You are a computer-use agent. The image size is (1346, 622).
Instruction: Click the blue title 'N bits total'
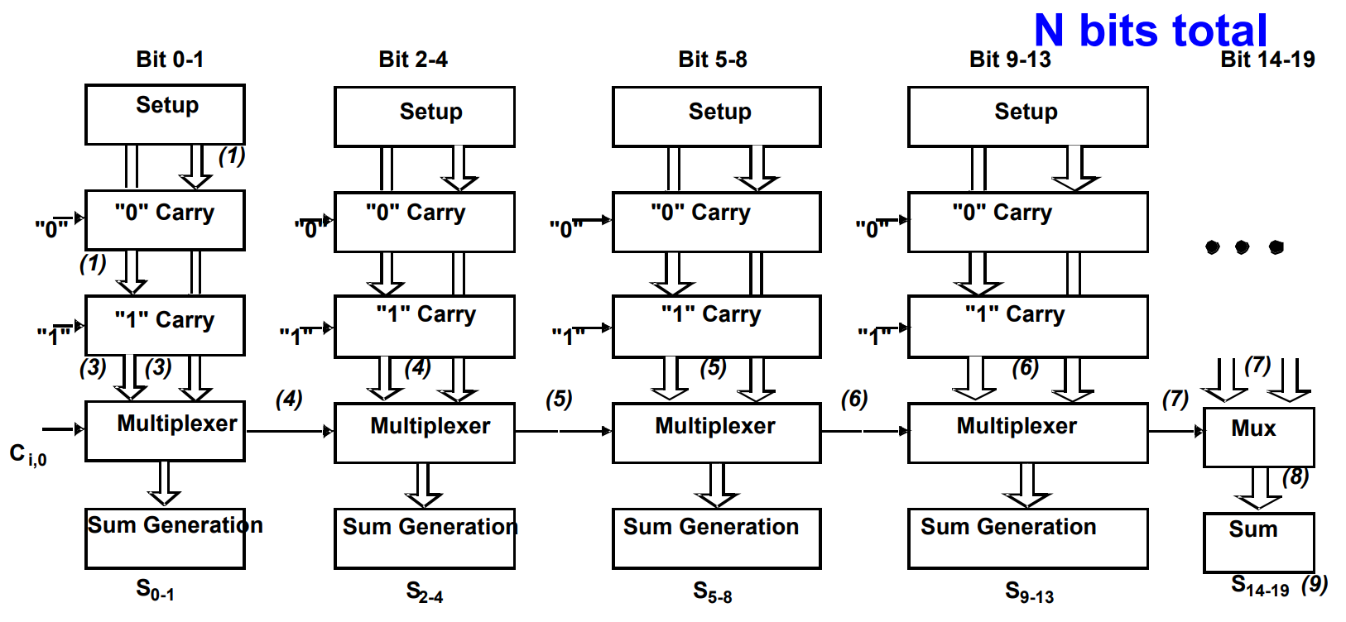pos(1151,31)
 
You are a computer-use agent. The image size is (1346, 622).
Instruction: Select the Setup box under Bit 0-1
pos(165,114)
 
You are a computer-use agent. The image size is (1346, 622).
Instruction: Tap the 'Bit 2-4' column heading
pos(413,60)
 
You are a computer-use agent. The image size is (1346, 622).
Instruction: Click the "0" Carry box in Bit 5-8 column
pos(716,222)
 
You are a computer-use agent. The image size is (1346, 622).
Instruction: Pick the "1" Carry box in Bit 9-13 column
pos(1027,327)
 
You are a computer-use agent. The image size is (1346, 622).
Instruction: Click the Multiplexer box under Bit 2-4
pos(424,433)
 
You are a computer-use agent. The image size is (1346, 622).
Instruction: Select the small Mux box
pos(1258,437)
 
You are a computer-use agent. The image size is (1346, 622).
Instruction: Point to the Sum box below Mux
pos(1258,542)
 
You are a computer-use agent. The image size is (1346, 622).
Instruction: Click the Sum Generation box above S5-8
pos(716,538)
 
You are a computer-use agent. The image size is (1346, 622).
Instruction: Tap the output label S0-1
pos(155,590)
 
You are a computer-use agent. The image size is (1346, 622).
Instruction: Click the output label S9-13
pos(1029,591)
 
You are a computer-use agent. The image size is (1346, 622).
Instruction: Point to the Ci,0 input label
pos(27,454)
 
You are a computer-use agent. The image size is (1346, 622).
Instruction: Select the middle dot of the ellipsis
pos(1242,247)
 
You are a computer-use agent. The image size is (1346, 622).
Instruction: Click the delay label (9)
pos(1315,584)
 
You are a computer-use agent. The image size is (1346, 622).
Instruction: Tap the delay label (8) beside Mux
pos(1296,477)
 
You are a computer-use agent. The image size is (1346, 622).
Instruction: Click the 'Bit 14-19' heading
pos(1267,60)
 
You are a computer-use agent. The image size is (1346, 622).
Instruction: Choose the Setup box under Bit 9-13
pos(1027,117)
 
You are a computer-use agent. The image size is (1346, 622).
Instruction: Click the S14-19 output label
pos(1260,586)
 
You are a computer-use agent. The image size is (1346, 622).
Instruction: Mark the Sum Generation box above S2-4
pos(424,538)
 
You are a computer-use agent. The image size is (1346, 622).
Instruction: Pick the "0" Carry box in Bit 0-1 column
pos(165,220)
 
